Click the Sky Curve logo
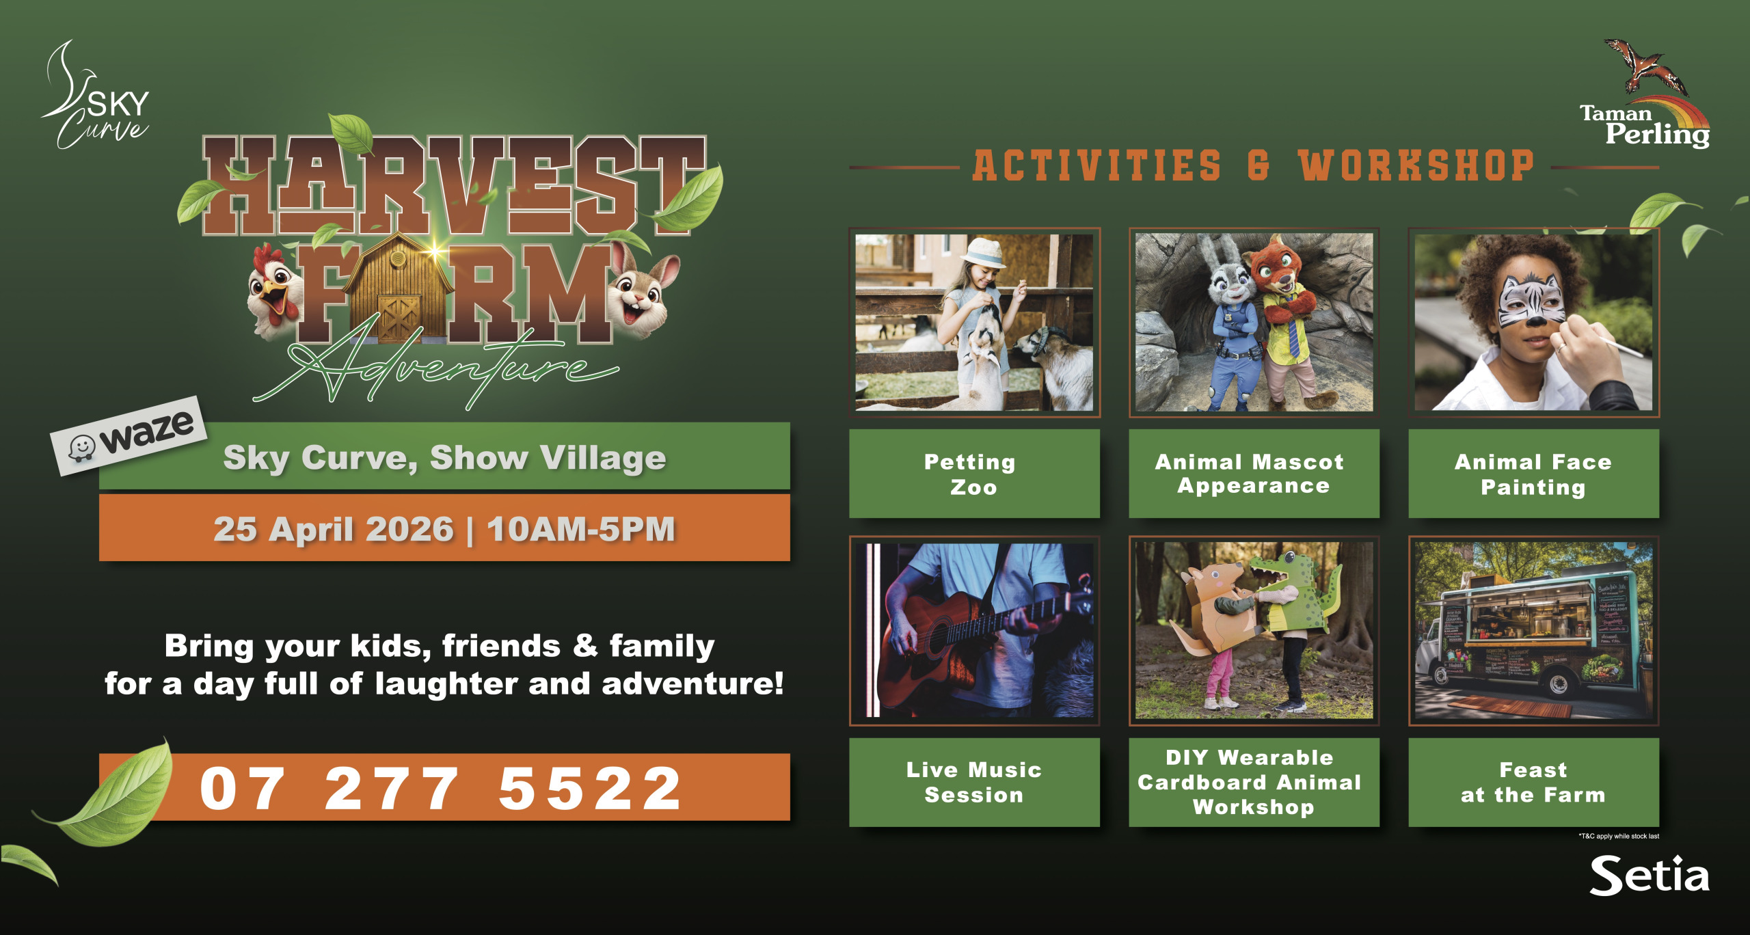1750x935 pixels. pos(96,96)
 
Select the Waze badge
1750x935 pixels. pos(129,435)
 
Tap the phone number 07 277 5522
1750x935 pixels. pos(440,788)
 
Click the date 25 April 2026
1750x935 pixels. pos(333,529)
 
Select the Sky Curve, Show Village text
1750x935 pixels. pos(444,458)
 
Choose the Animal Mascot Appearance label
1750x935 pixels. pos(1251,474)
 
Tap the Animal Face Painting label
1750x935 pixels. pos(1533,474)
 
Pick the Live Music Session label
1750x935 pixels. pos(974,782)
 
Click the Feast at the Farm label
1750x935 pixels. pos(1533,782)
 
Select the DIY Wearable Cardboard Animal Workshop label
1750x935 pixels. pos(1251,782)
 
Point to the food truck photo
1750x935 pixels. pos(1533,630)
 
